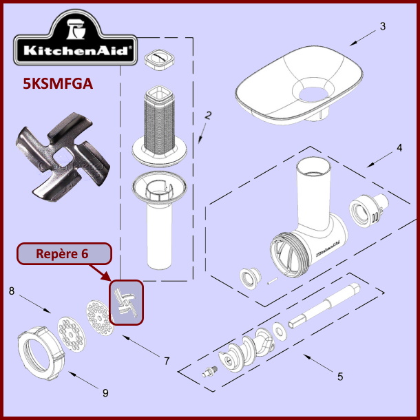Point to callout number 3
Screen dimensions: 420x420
(382, 28)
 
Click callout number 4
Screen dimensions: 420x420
(399, 148)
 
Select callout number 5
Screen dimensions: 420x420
(340, 377)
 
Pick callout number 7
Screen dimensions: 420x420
(166, 361)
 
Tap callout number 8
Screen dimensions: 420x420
(11, 291)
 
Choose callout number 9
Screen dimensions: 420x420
(105, 394)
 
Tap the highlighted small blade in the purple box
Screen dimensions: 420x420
(127, 302)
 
